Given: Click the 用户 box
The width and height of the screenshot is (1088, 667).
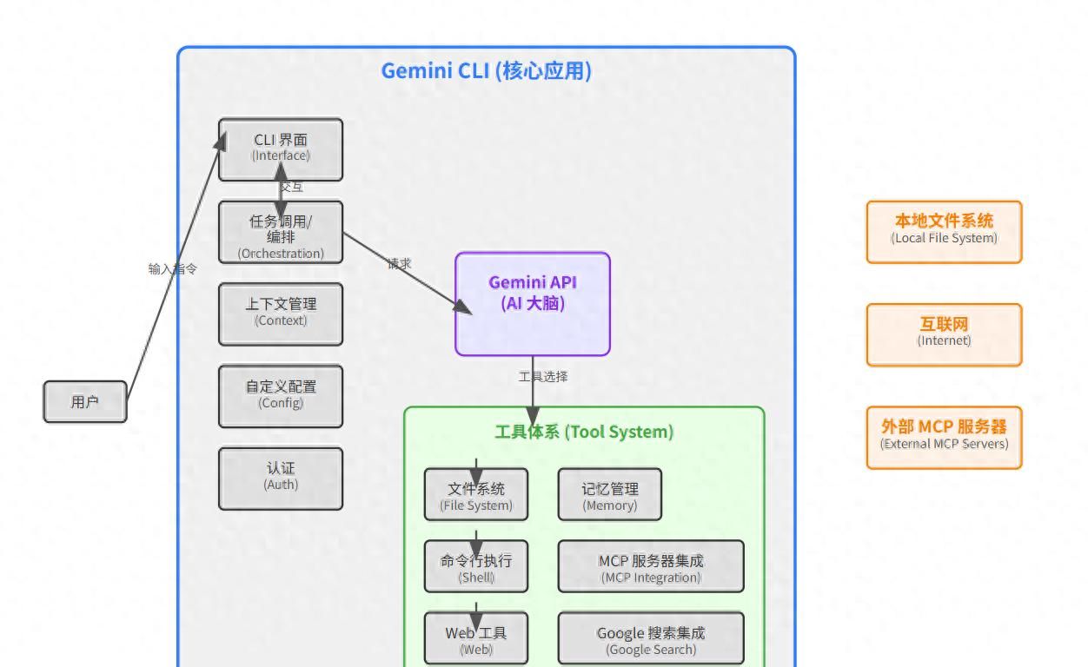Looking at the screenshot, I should pyautogui.click(x=85, y=402).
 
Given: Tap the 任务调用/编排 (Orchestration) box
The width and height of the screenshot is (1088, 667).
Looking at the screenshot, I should pyautogui.click(x=281, y=233).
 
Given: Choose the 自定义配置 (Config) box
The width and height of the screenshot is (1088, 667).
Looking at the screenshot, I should pyautogui.click(x=281, y=396).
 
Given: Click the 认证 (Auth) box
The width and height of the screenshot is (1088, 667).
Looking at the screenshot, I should pyautogui.click(x=281, y=478).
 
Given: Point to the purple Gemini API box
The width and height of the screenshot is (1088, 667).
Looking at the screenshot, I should pyautogui.click(x=533, y=304).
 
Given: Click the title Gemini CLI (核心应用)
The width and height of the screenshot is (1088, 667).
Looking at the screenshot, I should pyautogui.click(x=487, y=71).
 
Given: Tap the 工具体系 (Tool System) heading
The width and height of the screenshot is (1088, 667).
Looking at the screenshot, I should pyautogui.click(x=584, y=432).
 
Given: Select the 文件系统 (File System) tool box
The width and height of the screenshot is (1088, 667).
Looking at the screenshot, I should pyautogui.click(x=476, y=495).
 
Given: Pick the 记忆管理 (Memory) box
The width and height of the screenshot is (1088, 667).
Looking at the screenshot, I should pyautogui.click(x=610, y=495).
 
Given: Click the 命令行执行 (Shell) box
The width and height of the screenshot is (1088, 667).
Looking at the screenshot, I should pyautogui.click(x=476, y=566).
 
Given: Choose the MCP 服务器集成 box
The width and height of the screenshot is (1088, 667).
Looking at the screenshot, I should pyautogui.click(x=651, y=566).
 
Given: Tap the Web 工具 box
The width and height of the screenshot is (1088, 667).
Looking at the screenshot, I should pyautogui.click(x=476, y=638).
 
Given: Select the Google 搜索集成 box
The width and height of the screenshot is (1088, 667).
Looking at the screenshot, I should pyautogui.click(x=651, y=638).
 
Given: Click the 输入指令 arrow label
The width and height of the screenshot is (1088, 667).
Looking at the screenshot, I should pyautogui.click(x=173, y=269).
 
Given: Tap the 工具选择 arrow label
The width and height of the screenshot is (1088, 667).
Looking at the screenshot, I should pyautogui.click(x=543, y=377).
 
